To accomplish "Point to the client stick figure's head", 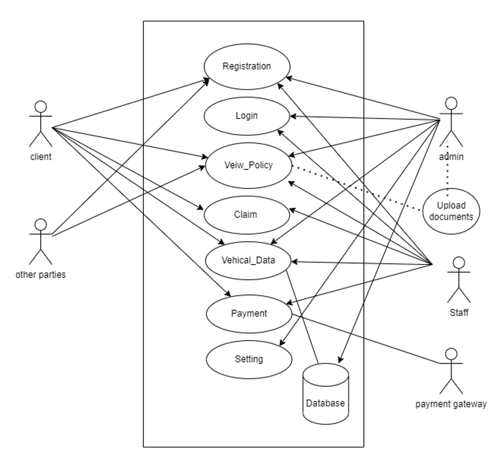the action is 41,107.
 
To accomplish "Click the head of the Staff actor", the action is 459,262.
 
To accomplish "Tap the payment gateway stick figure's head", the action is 451,354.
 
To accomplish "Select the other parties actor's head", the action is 41,225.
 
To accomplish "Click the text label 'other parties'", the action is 41,275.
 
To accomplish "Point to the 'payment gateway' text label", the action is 451,404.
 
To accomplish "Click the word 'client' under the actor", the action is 41,157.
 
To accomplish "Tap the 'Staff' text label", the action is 459,312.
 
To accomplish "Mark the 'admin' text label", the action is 451,157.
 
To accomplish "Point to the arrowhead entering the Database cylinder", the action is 341,360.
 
